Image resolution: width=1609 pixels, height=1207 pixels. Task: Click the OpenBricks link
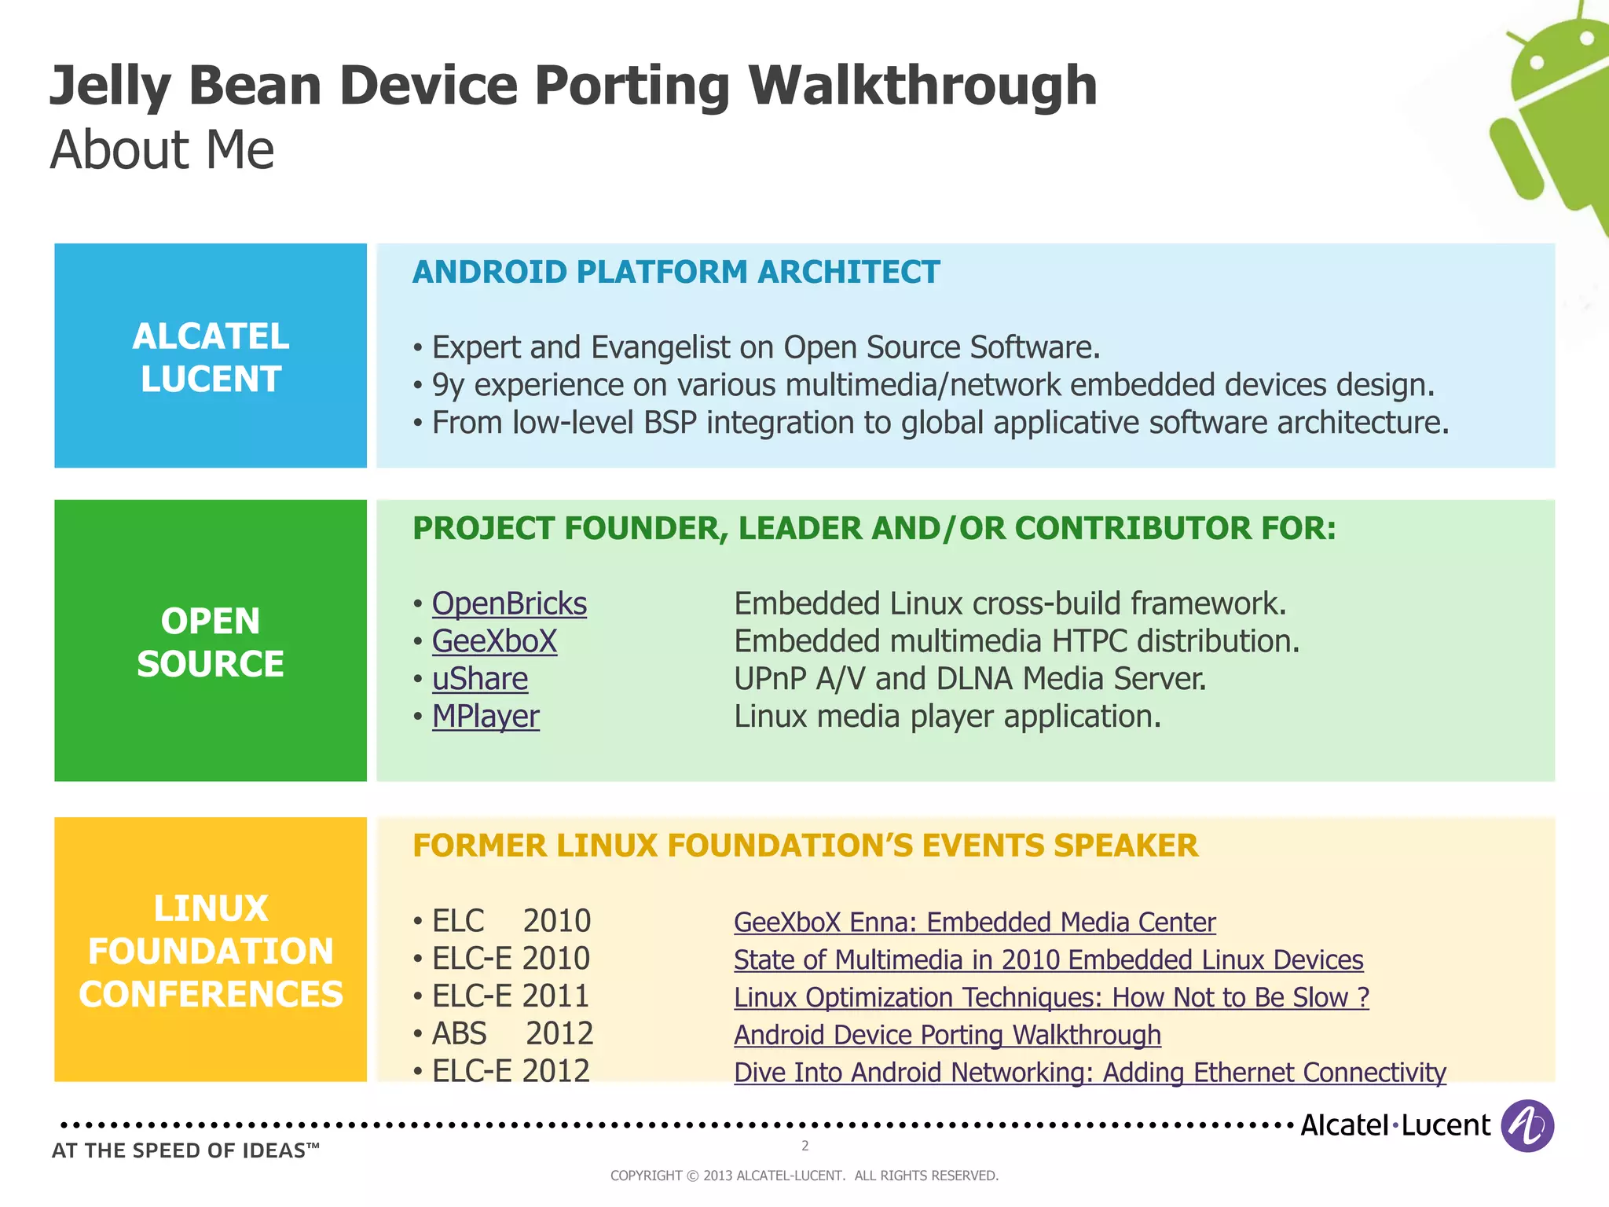(x=509, y=603)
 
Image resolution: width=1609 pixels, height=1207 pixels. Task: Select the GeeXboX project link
(x=494, y=641)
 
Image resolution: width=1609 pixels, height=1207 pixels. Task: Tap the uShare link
(x=480, y=679)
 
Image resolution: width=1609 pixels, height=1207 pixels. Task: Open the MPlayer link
(x=486, y=717)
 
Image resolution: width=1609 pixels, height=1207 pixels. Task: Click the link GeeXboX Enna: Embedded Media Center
(x=974, y=922)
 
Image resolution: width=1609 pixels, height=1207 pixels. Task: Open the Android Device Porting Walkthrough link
(x=947, y=1035)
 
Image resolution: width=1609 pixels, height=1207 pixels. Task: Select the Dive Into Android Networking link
(x=1089, y=1073)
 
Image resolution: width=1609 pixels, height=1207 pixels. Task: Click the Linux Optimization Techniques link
(x=1050, y=997)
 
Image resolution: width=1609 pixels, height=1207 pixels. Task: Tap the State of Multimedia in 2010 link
(x=1048, y=959)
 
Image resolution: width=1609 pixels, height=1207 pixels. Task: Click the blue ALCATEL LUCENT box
(x=211, y=356)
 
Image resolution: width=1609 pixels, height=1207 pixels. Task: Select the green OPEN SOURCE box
(x=211, y=641)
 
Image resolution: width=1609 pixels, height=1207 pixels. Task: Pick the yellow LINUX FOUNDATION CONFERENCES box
(x=211, y=950)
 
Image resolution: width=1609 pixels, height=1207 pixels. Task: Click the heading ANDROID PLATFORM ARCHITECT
(x=676, y=272)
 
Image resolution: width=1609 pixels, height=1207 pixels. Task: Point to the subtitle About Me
(x=162, y=149)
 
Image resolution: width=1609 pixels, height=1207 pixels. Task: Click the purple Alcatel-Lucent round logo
(x=1527, y=1125)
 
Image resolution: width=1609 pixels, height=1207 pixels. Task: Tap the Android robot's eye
(x=1538, y=62)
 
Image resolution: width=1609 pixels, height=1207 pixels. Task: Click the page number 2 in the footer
(x=804, y=1146)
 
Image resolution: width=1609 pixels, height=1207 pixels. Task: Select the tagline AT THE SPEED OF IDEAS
(x=185, y=1150)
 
